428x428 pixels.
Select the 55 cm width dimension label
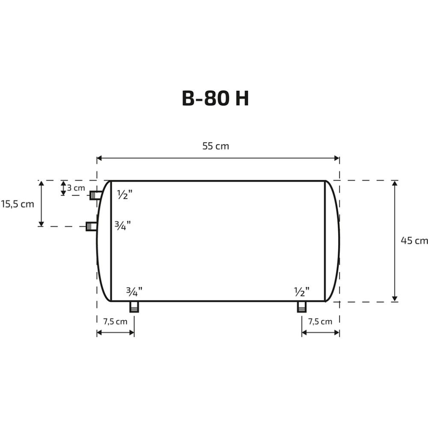click(216, 146)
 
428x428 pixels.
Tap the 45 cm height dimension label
click(414, 241)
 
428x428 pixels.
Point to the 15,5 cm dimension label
click(17, 204)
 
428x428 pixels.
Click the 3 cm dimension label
click(76, 188)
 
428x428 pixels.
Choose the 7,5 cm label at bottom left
click(115, 322)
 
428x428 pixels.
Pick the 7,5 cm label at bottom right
click(320, 322)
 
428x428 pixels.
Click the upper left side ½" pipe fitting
click(95, 196)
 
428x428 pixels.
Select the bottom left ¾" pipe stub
click(134, 306)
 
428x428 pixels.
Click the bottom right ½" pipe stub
click(302, 306)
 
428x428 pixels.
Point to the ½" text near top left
click(125, 195)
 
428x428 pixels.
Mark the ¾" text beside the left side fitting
click(122, 225)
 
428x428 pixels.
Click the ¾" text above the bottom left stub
click(134, 292)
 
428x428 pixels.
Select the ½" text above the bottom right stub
click(302, 292)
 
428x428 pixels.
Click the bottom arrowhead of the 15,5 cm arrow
click(41, 223)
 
